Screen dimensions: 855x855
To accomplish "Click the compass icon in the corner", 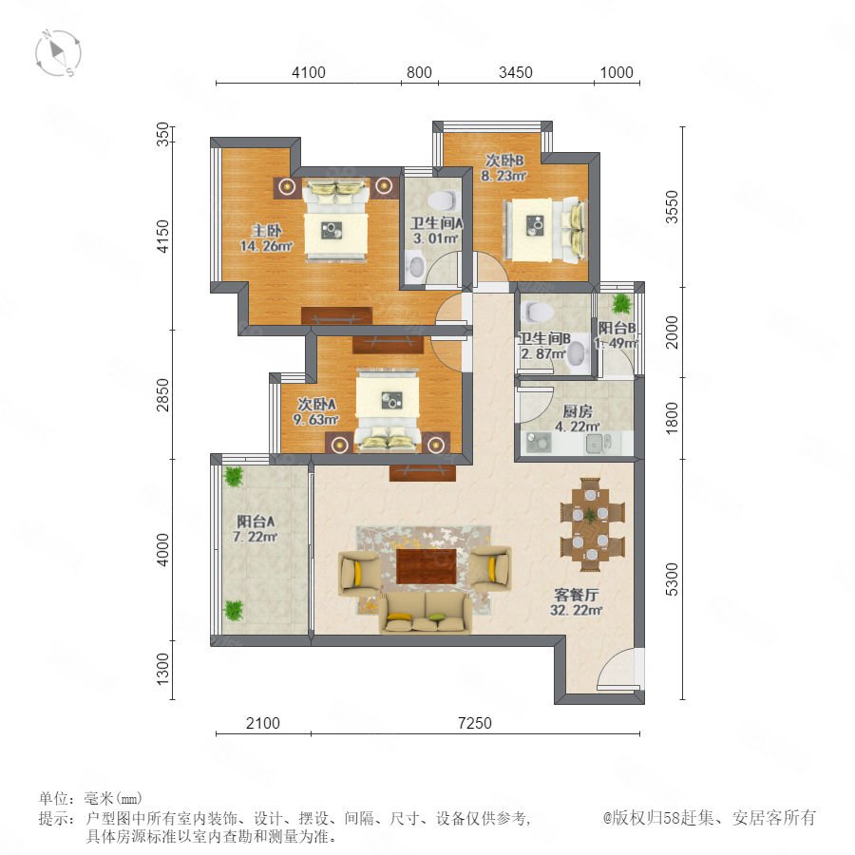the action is pyautogui.click(x=58, y=53).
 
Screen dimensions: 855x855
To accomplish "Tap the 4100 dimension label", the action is pyautogui.click(x=309, y=72).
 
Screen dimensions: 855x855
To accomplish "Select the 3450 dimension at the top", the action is pyautogui.click(x=515, y=72).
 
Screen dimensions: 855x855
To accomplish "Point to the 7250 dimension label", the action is pyautogui.click(x=475, y=723).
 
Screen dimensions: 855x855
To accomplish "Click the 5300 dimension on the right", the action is pyautogui.click(x=673, y=579).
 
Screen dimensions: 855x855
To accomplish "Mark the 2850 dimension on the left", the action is pyautogui.click(x=162, y=395).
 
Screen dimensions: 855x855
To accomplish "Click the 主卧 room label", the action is pyautogui.click(x=266, y=231).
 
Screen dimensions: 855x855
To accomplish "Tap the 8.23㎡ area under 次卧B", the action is pyautogui.click(x=503, y=176).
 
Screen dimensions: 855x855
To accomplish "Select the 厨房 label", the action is pyautogui.click(x=578, y=411).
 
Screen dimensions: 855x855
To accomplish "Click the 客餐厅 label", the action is pyautogui.click(x=577, y=595).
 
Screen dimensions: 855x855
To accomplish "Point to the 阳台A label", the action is pyautogui.click(x=256, y=522).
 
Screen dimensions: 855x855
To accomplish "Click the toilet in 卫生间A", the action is pyautogui.click(x=442, y=200).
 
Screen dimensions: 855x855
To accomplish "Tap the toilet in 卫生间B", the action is pyautogui.click(x=539, y=312).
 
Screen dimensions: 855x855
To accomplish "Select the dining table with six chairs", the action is pyautogui.click(x=592, y=524).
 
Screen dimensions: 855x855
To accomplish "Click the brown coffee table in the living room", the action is pyautogui.click(x=427, y=566).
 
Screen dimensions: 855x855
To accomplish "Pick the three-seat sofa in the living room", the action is pyautogui.click(x=426, y=613).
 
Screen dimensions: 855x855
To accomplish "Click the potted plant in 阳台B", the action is pyautogui.click(x=620, y=304).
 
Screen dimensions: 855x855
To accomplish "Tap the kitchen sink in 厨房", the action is pyautogui.click(x=595, y=444).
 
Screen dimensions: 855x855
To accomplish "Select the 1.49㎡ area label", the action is pyautogui.click(x=617, y=343).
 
